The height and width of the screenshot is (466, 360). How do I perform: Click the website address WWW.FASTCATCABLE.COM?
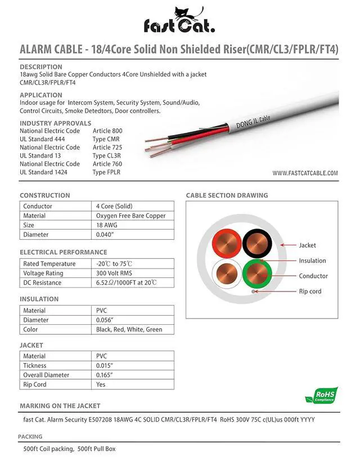pos(305,173)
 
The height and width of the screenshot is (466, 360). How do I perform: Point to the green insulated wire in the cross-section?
pos(258,274)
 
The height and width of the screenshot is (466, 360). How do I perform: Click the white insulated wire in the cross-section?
pos(227,274)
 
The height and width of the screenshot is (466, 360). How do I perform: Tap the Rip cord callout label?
pos(310,291)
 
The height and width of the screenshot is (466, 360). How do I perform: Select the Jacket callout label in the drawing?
pos(307,245)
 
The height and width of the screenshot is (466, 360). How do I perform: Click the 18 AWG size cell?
pos(107,225)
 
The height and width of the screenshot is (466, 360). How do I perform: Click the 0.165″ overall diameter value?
pos(105,375)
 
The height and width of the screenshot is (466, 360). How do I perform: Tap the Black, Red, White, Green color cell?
pos(129,330)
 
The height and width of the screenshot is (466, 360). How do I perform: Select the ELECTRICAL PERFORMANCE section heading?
pos(63,252)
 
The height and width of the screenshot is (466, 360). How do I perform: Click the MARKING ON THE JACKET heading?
pos(60,406)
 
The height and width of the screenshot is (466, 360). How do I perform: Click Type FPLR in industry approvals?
pos(106,172)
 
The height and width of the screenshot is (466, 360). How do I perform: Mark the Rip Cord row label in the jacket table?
pos(35,384)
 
